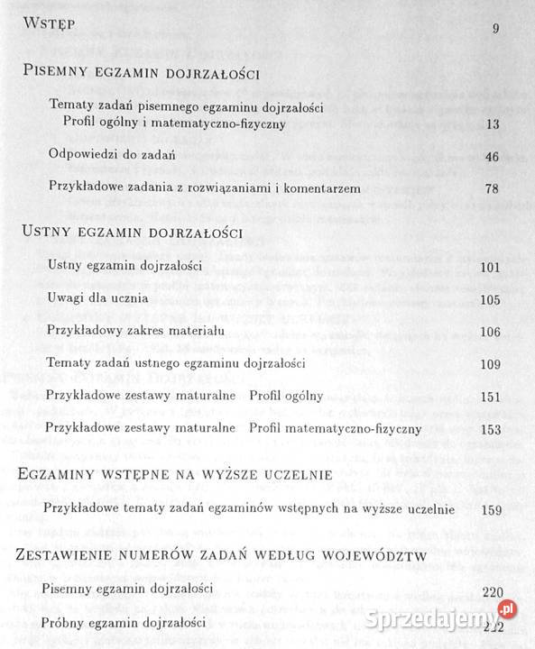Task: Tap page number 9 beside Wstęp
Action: coord(495,29)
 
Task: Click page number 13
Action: coord(492,125)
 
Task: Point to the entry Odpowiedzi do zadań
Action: coord(112,155)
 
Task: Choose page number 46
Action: coord(492,158)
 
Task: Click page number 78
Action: coord(492,189)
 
